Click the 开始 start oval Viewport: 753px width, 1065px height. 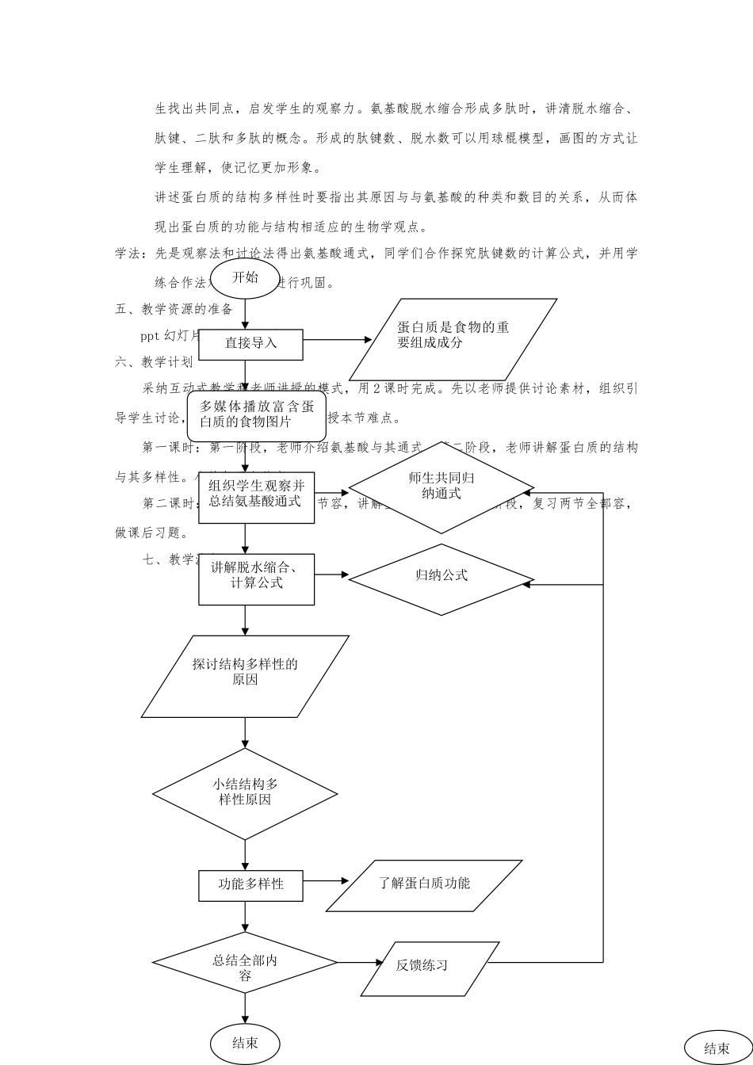click(x=245, y=278)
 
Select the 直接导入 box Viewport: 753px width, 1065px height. click(x=250, y=344)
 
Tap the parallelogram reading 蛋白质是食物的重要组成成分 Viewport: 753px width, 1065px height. click(x=453, y=338)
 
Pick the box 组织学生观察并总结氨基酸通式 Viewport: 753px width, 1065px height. click(x=256, y=494)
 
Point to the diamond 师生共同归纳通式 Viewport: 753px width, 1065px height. click(x=441, y=487)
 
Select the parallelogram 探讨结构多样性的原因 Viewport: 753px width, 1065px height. click(x=245, y=676)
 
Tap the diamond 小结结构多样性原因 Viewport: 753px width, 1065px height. click(x=245, y=793)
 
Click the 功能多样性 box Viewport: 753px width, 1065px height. click(x=250, y=885)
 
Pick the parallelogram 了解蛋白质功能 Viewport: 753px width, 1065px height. click(x=424, y=885)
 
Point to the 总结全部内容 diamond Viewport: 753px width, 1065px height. click(x=245, y=963)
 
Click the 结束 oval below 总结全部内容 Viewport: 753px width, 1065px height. click(x=245, y=1044)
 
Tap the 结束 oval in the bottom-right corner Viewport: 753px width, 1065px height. click(x=717, y=1048)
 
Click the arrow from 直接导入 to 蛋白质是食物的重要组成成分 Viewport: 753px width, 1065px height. click(x=337, y=340)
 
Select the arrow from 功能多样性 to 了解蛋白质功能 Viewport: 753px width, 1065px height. click(x=326, y=880)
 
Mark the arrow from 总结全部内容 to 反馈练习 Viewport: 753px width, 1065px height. click(x=361, y=963)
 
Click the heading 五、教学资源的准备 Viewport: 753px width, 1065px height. click(x=174, y=309)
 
